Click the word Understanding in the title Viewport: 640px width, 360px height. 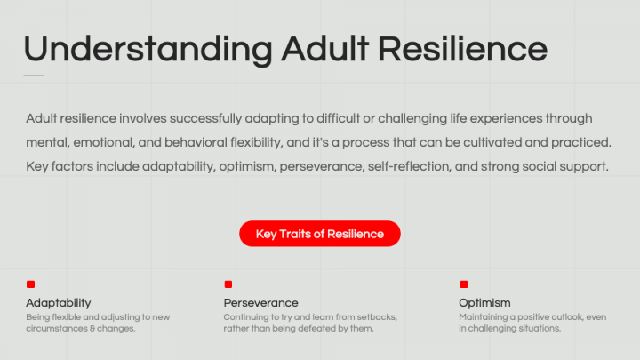[x=148, y=49]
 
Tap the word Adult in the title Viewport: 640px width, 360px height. [x=325, y=49]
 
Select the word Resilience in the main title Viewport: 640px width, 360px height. [x=462, y=49]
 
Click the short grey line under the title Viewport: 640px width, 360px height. [x=34, y=75]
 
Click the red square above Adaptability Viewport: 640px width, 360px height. [x=30, y=284]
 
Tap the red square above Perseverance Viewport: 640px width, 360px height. [x=228, y=284]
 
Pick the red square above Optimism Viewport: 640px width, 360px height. [x=464, y=284]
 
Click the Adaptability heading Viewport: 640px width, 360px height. [x=59, y=303]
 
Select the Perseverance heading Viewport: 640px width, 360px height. [x=260, y=303]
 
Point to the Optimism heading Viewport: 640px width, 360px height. [x=484, y=303]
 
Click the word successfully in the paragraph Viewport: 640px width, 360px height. [x=205, y=119]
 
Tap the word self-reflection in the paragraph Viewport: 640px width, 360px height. [x=409, y=166]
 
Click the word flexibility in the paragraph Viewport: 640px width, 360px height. [x=256, y=142]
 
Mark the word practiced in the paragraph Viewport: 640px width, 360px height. [x=581, y=142]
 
